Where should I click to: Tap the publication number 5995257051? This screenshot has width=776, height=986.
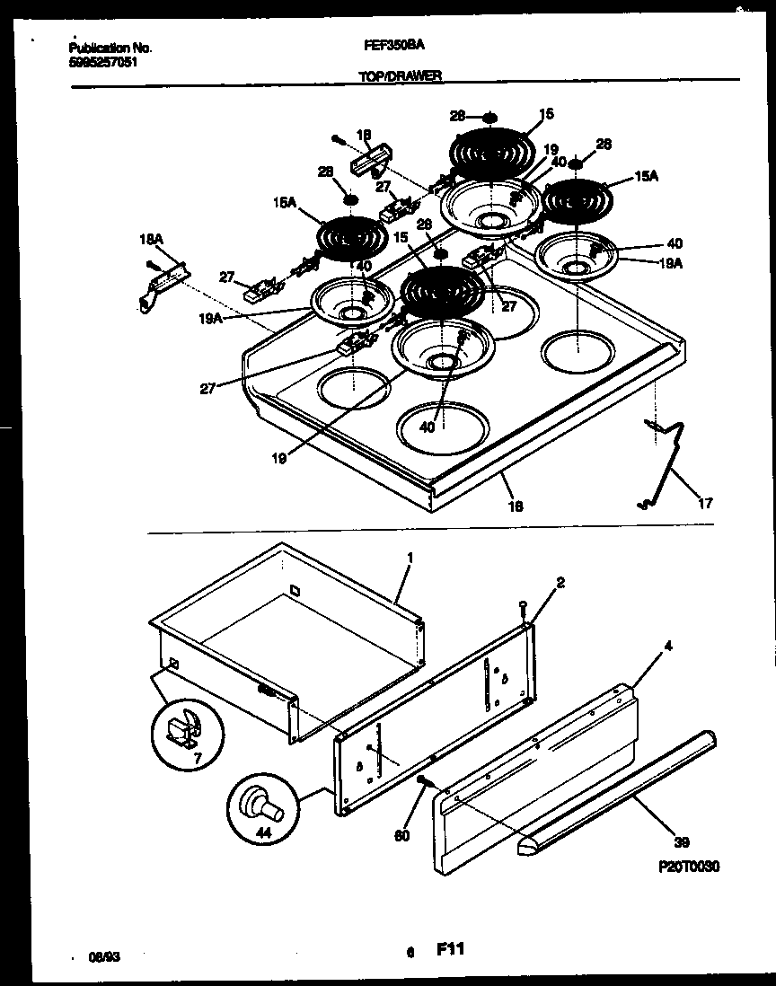point(103,63)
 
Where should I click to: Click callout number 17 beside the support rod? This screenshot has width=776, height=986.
point(706,504)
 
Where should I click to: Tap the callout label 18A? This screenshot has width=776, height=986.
point(151,240)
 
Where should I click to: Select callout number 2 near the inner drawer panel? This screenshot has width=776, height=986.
point(561,583)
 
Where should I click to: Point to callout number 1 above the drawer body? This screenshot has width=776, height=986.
point(410,558)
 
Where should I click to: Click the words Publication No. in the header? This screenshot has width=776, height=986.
point(110,48)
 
